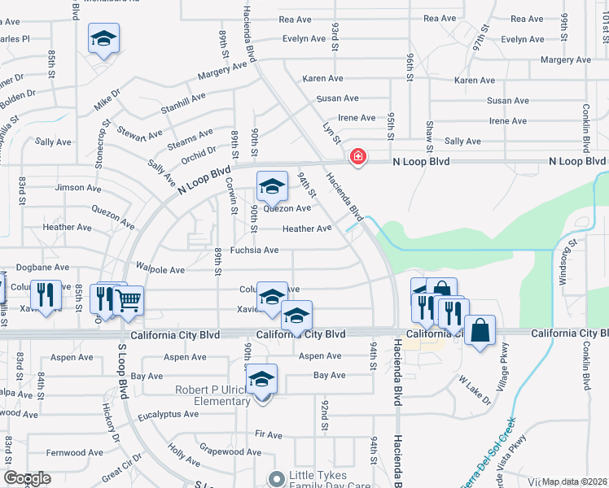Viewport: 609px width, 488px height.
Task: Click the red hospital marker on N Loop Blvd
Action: pos(357,155)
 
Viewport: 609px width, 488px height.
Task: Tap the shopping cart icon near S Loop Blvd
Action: pos(129,300)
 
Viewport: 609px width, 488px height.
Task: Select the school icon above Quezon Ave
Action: pos(272,187)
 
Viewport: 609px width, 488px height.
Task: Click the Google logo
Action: pos(27,478)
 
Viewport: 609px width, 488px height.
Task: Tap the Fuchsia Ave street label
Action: pos(254,250)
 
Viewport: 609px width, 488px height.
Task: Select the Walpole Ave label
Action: pos(160,269)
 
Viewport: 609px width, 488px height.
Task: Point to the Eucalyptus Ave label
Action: pos(168,413)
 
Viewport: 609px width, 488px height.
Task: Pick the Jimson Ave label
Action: pos(78,187)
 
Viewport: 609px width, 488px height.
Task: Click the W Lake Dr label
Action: pos(475,389)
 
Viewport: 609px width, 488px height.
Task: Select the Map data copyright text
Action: pos(574,481)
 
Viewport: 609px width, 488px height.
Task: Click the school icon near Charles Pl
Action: pos(103,38)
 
